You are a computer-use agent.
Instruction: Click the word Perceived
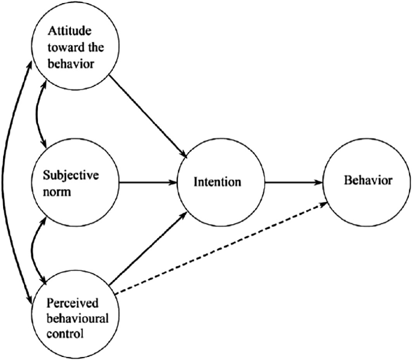(x=70, y=300)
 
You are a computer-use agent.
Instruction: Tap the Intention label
(x=218, y=182)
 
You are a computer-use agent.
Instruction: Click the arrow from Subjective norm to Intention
(x=147, y=181)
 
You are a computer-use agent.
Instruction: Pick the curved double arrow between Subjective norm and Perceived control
(x=38, y=246)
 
